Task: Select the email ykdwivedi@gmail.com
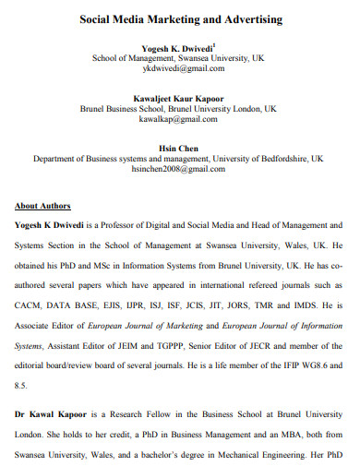click(x=179, y=68)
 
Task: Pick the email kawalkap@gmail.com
click(x=179, y=120)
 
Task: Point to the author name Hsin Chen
click(x=179, y=147)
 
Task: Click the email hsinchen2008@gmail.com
click(x=179, y=171)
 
